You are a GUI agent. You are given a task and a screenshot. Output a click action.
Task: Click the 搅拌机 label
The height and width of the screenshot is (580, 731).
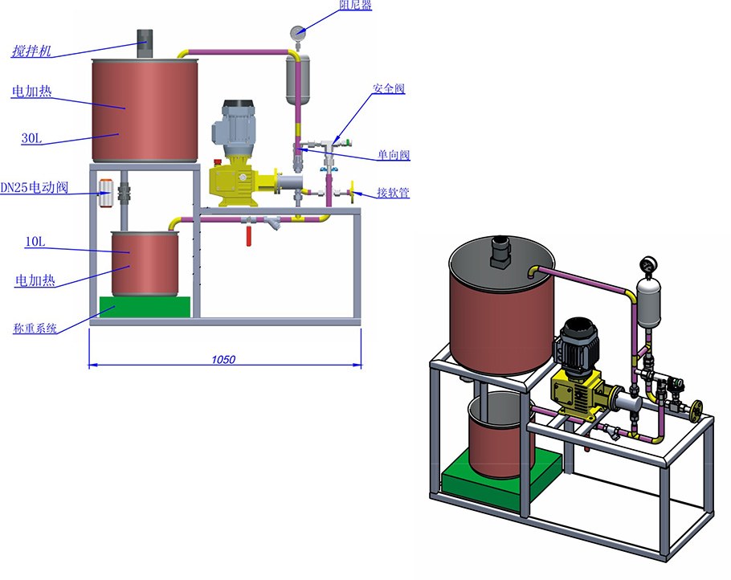tap(31, 51)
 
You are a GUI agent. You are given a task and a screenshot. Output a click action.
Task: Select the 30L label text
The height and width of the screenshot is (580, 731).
tap(31, 138)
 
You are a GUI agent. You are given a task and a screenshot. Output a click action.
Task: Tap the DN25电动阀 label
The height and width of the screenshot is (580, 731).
tap(35, 187)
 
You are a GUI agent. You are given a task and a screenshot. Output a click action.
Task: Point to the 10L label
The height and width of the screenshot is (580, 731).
tap(35, 242)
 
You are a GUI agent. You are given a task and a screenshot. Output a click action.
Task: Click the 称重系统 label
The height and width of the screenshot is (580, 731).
tap(35, 329)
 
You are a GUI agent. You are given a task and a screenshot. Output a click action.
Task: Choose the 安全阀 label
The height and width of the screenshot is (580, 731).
tap(389, 88)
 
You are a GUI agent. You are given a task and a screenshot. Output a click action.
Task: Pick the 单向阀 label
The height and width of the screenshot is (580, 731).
tap(394, 155)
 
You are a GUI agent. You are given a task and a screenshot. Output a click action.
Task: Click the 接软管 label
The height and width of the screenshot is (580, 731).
tap(393, 192)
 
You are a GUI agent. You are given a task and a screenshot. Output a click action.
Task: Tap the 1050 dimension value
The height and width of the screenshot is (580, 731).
tap(223, 359)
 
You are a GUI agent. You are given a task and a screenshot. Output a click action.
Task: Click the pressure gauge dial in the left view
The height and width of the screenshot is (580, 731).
tap(297, 33)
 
